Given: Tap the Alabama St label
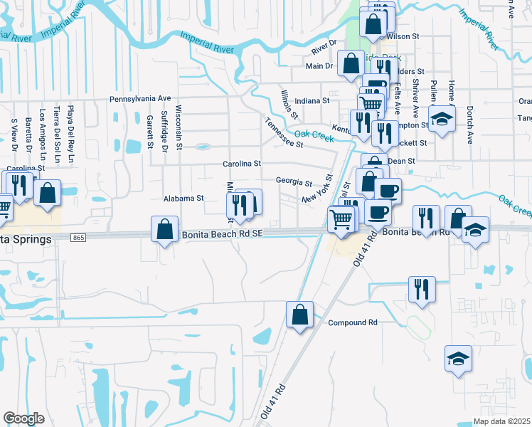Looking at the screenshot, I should point(183,199).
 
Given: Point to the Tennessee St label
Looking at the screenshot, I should point(284,133).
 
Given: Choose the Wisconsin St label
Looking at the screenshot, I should point(179,127).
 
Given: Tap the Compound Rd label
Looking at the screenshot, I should point(352,322).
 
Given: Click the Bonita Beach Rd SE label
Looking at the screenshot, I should point(223,233).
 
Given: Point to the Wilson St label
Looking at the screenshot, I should point(403,36).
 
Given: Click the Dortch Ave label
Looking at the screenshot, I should point(469,125).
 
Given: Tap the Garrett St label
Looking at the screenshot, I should point(150,132).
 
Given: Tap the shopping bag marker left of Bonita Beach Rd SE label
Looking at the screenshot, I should point(164,230).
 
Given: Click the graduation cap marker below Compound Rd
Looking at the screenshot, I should point(458,359).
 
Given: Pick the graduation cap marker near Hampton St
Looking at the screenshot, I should point(442,119).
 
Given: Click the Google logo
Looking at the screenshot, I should point(23,418).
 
